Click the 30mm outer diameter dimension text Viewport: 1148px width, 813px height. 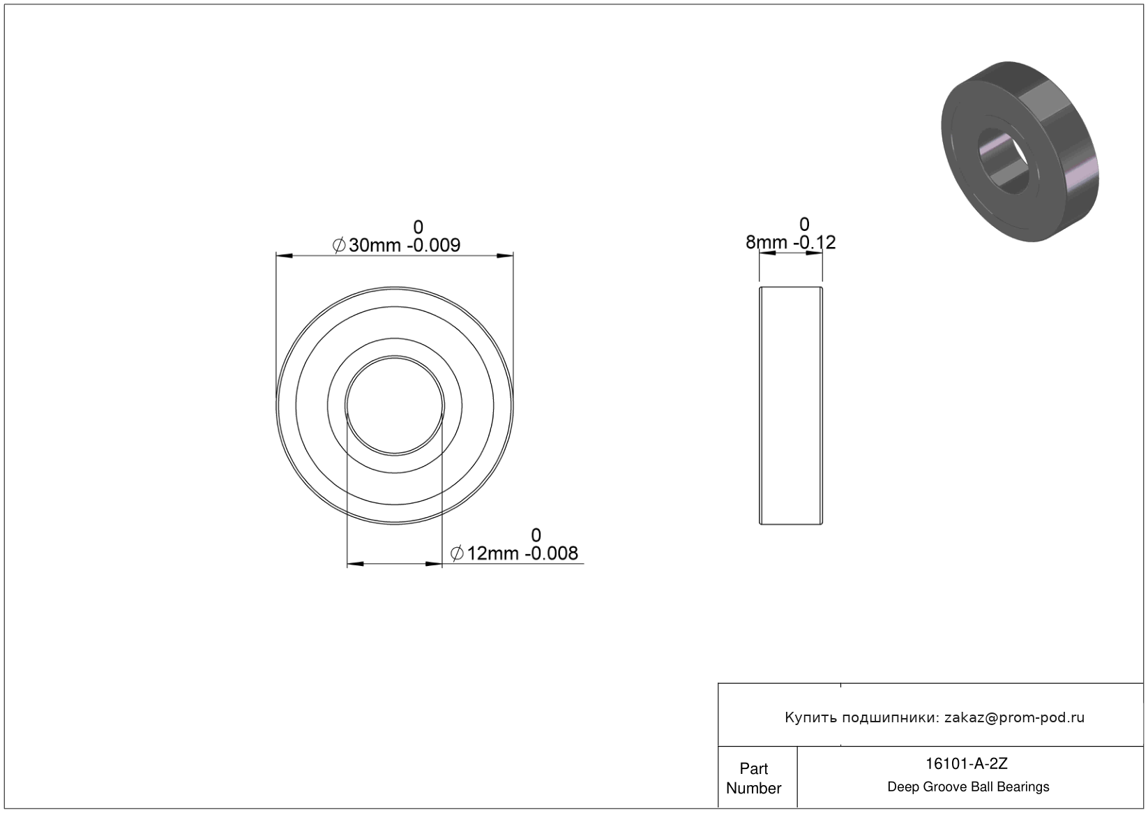click(375, 245)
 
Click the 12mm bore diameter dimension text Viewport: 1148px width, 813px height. click(492, 553)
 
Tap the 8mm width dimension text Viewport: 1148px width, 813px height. click(766, 242)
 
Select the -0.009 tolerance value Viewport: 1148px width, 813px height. click(434, 245)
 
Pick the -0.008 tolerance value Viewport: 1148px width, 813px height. click(552, 553)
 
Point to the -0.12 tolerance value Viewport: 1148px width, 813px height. click(815, 242)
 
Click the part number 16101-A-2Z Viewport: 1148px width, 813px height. click(967, 763)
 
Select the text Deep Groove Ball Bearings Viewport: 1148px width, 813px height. click(968, 787)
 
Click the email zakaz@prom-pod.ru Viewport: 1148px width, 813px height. click(1014, 717)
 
